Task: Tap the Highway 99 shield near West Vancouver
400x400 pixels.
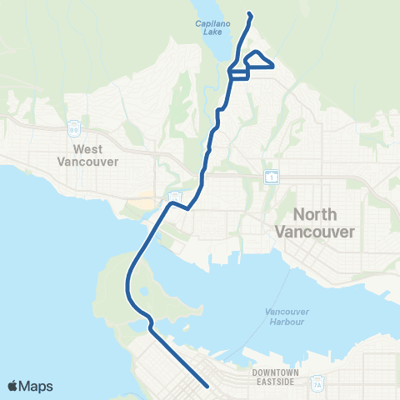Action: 73,129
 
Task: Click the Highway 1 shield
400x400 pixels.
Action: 272,177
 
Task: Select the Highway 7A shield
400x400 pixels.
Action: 316,384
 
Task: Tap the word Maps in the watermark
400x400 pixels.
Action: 37,386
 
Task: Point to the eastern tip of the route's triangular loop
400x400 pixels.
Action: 273,65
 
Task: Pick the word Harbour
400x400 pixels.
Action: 280,322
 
